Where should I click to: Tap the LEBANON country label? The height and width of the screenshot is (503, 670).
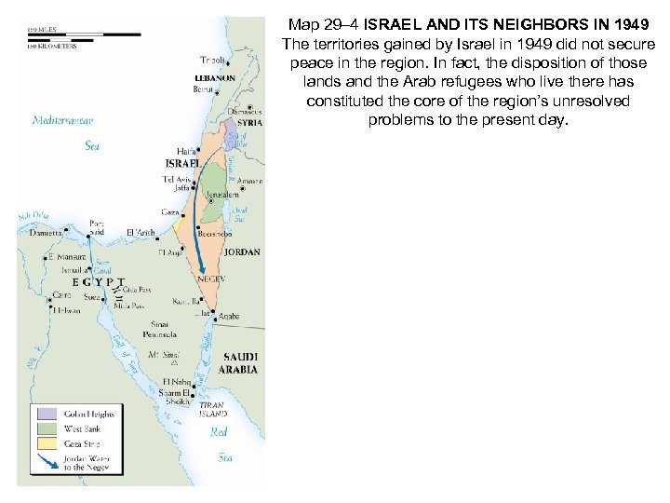[216, 78]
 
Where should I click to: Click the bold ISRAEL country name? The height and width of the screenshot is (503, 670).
[182, 163]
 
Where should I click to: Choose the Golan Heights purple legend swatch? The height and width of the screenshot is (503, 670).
[47, 413]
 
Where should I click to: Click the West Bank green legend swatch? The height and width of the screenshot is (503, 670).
[47, 428]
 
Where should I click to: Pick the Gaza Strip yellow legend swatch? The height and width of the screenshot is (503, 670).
[47, 444]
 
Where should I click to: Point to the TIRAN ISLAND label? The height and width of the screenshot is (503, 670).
[212, 411]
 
